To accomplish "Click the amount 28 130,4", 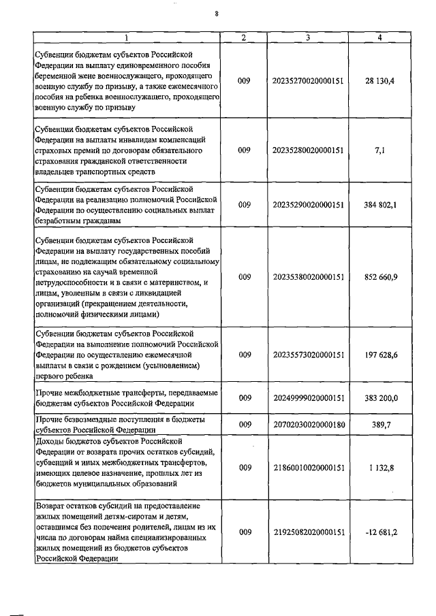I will pos(379,81).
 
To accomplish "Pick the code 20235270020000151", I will pos(308,81).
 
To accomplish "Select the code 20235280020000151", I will pos(308,152).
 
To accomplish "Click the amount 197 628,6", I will pos(379,355).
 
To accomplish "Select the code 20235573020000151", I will pos(308,355).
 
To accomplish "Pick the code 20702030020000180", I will pos(308,424).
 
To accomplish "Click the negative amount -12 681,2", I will pos(379,532).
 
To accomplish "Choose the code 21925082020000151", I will pos(308,532).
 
